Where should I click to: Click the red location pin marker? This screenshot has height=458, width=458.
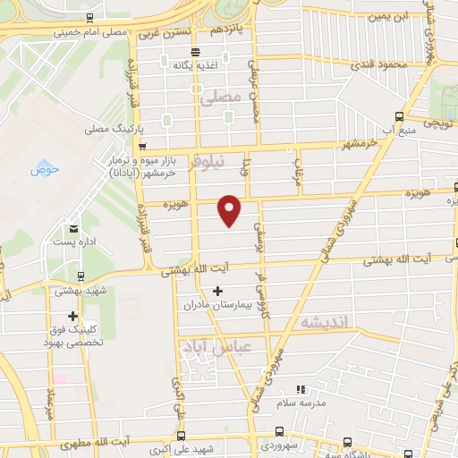click(231, 209)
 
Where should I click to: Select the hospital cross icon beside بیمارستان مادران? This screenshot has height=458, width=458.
click(218, 291)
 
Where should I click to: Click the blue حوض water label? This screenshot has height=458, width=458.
click(42, 169)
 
